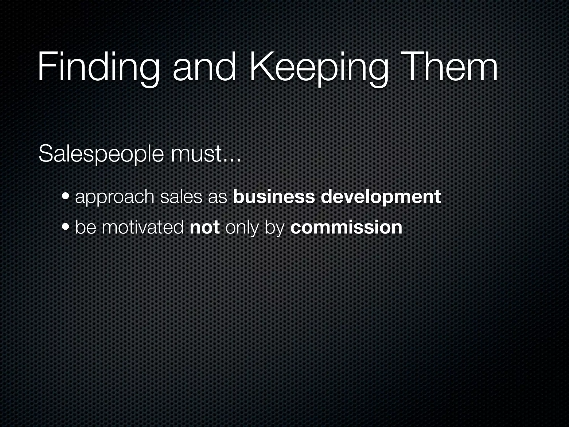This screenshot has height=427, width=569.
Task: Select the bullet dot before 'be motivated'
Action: [x=66, y=228]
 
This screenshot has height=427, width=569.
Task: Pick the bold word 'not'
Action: [x=205, y=228]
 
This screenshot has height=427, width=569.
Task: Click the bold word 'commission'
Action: [x=346, y=228]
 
